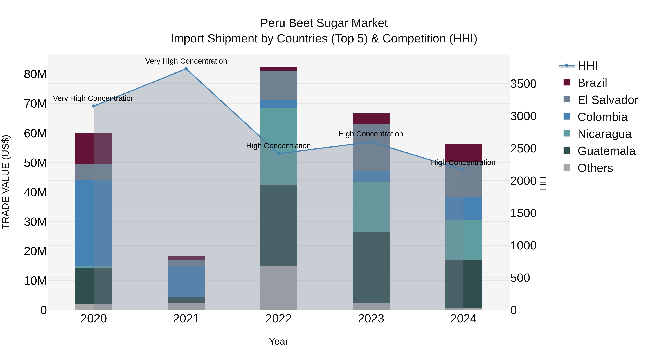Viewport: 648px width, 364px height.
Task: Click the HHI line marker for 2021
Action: click(186, 69)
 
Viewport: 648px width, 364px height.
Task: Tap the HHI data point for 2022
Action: click(278, 154)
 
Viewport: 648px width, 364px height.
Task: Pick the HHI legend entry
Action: click(587, 66)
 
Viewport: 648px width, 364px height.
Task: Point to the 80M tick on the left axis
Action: click(35, 74)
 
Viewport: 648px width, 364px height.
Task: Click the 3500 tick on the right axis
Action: click(523, 84)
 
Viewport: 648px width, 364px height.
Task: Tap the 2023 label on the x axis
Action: click(371, 319)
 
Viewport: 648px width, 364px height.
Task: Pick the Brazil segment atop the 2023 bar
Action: click(371, 119)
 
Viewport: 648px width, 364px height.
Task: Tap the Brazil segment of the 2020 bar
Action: click(94, 148)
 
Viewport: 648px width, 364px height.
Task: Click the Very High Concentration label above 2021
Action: click(186, 61)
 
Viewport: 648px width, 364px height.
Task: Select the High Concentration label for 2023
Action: click(371, 134)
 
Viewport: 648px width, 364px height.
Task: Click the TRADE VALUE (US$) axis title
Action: click(6, 182)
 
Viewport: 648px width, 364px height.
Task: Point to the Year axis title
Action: click(278, 341)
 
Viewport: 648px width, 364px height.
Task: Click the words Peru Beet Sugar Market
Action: click(324, 23)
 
